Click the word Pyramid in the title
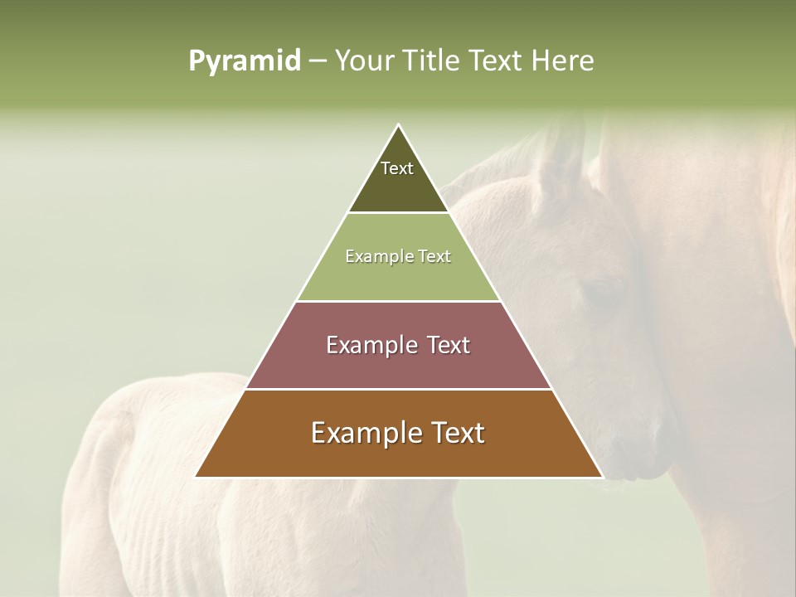(x=245, y=61)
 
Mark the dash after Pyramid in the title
(x=318, y=61)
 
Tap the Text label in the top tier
(x=397, y=168)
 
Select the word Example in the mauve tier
(x=370, y=345)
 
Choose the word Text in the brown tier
(x=453, y=433)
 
